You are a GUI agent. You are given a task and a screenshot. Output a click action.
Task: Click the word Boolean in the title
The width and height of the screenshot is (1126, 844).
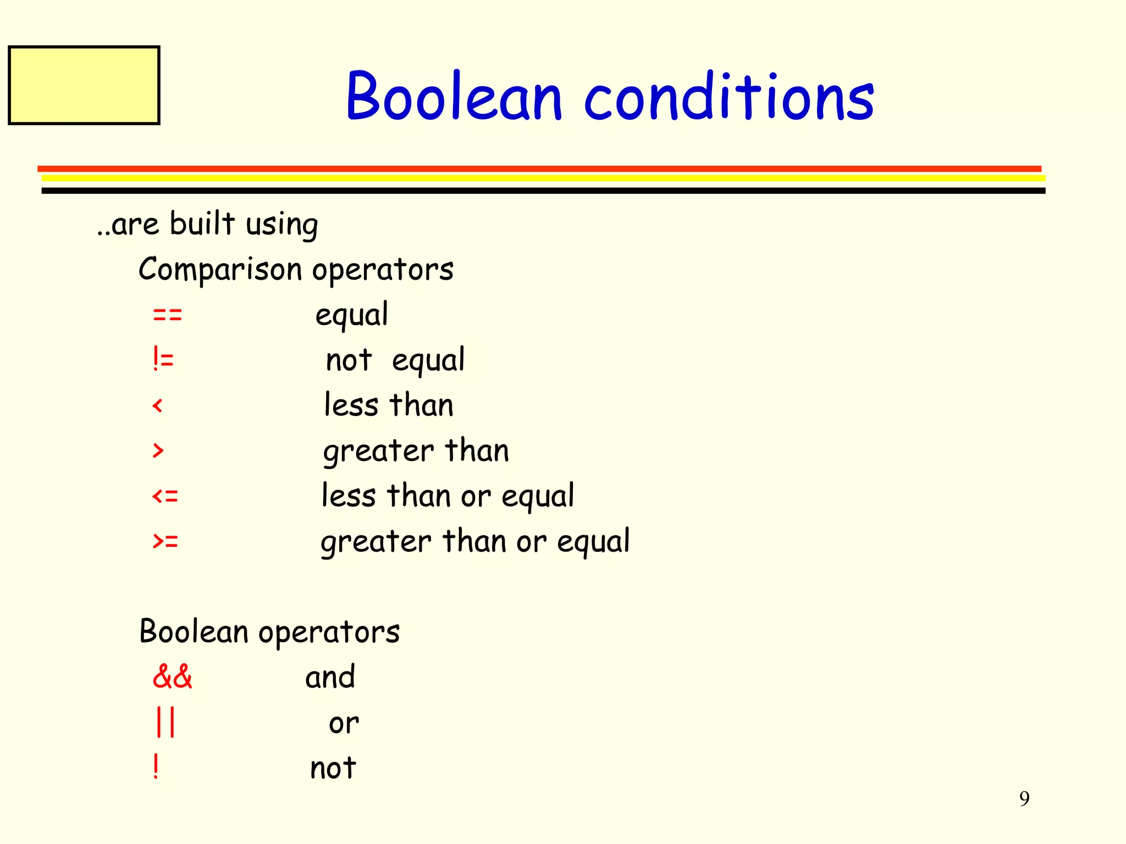(x=454, y=97)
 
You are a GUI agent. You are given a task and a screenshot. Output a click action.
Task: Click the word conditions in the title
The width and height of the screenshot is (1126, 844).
(x=728, y=97)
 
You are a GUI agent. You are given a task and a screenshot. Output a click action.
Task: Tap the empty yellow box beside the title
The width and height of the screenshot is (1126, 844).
(x=84, y=85)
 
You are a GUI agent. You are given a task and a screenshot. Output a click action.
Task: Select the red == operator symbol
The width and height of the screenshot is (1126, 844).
(x=167, y=315)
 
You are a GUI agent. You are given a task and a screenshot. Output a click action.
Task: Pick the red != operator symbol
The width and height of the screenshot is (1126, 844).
(x=163, y=360)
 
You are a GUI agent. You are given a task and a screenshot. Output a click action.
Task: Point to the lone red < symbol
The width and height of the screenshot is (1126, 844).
(x=158, y=406)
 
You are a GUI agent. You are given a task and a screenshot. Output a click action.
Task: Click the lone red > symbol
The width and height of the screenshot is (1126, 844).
(x=158, y=451)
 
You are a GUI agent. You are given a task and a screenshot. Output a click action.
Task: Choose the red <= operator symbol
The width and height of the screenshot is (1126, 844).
(x=165, y=497)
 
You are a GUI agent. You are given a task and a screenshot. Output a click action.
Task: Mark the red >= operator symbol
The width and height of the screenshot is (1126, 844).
(x=165, y=542)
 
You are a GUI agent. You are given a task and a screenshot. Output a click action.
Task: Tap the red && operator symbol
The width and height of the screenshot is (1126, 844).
(x=172, y=677)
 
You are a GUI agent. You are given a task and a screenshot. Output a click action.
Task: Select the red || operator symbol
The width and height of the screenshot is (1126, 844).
(x=165, y=722)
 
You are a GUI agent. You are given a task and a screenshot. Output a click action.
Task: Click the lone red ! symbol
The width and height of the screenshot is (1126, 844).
(x=156, y=767)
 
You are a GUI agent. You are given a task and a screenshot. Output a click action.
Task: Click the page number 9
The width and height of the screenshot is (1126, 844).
(x=1024, y=798)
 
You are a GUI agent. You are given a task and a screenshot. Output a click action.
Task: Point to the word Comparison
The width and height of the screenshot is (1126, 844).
(x=220, y=270)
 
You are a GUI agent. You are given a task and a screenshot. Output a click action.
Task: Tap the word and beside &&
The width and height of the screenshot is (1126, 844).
(x=330, y=677)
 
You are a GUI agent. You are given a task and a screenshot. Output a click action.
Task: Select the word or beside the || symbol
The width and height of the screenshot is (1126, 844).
(x=344, y=723)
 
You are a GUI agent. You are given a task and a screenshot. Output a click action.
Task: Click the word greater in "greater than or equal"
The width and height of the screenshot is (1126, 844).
(x=376, y=542)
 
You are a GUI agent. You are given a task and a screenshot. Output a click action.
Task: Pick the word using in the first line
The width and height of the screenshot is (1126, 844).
(x=281, y=225)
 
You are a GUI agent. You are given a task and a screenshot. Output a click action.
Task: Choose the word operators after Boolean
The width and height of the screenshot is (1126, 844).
(x=329, y=632)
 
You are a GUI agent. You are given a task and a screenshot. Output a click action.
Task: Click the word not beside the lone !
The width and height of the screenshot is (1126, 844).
(x=333, y=768)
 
